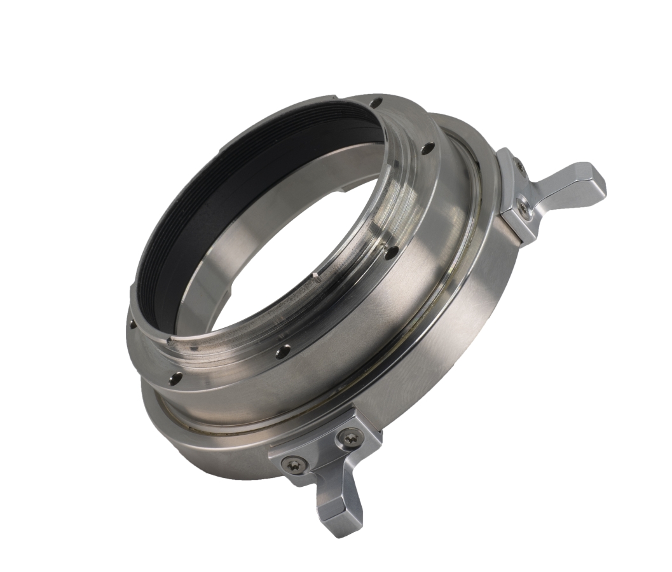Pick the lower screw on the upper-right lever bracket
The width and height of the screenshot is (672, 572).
pos(525,208)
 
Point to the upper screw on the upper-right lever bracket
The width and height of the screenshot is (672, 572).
pos(521,167)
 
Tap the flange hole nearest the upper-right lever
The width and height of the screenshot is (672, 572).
pos(429,149)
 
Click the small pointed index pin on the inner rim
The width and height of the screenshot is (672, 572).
pos(316,275)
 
